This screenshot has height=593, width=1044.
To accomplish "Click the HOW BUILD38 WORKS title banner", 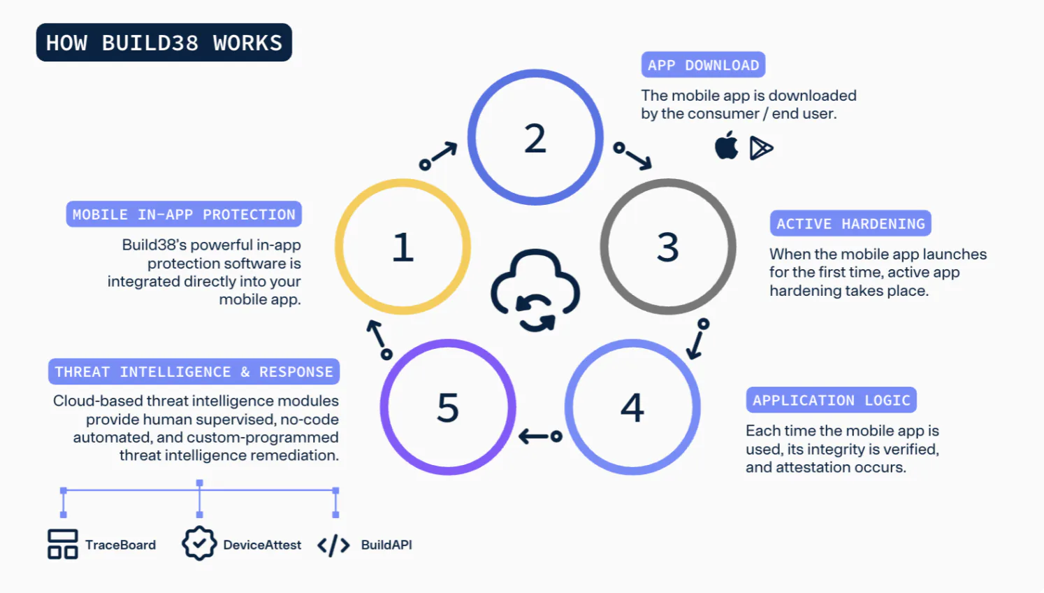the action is click(164, 43).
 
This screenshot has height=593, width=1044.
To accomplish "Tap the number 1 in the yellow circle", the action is click(403, 247).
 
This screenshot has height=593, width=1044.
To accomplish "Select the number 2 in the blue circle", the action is click(535, 138).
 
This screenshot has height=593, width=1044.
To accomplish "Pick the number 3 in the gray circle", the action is click(668, 247).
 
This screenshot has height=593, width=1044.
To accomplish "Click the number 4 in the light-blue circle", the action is click(632, 407).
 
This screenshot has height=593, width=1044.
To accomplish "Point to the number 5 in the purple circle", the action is click(448, 407).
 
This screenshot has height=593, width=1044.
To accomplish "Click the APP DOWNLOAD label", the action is click(703, 65).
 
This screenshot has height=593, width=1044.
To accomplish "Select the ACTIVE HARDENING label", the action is click(850, 224).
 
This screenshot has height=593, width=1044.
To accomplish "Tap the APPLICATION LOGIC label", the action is click(832, 400).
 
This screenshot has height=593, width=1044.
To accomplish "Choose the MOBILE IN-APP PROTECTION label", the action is click(184, 214).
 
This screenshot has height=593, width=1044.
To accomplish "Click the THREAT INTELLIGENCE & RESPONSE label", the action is click(194, 371).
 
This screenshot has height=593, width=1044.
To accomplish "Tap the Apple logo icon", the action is click(726, 145).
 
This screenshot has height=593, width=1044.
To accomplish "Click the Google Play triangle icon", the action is click(761, 148).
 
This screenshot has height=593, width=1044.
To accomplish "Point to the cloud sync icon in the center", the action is click(535, 290).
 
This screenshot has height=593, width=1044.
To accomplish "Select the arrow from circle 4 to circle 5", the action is click(540, 436).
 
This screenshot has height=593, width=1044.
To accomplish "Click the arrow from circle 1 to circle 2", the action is click(438, 155).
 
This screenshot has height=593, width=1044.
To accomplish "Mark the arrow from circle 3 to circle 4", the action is click(697, 339).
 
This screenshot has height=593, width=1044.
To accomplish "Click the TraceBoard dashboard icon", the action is click(62, 544).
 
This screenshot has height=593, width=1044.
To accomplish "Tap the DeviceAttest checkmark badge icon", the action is click(199, 543).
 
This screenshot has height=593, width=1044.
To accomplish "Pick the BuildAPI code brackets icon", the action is click(334, 545).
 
